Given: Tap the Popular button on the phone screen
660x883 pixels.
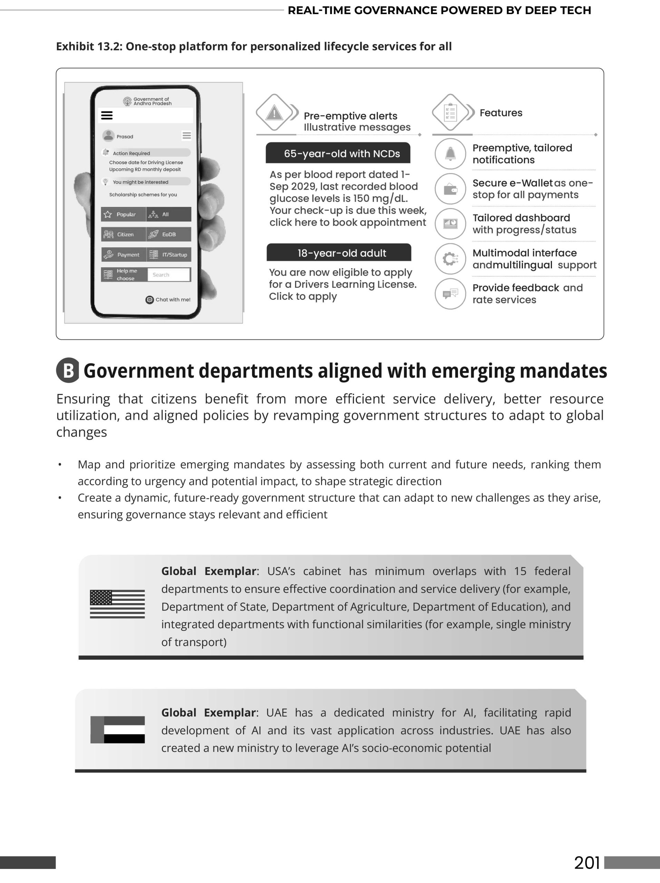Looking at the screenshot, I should click(x=123, y=214).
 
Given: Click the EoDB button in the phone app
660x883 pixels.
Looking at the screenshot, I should click(x=168, y=234).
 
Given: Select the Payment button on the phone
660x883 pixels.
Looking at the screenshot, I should click(x=124, y=255).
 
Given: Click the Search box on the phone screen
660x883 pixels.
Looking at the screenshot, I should click(x=168, y=275).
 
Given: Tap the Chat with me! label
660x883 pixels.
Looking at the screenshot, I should click(x=168, y=300).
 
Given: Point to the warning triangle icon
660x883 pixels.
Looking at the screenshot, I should click(x=274, y=113).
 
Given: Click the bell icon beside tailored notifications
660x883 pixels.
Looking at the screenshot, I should click(x=450, y=154).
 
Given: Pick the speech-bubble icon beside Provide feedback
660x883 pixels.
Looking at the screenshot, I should click(x=450, y=294).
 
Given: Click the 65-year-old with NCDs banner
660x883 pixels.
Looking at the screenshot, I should click(x=338, y=153).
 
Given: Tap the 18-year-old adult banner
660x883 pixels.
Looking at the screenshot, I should click(x=339, y=253).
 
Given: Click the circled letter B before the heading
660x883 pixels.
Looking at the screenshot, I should click(x=68, y=370).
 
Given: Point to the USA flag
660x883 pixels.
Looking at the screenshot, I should click(x=117, y=604).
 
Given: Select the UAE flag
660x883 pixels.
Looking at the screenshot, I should click(x=117, y=730).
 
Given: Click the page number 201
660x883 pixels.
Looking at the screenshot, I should click(x=587, y=863).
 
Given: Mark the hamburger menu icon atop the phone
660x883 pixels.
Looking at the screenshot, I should click(x=107, y=115).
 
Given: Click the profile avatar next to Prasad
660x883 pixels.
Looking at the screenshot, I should click(x=108, y=136).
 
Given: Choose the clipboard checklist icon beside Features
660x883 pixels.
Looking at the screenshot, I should click(x=450, y=112).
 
